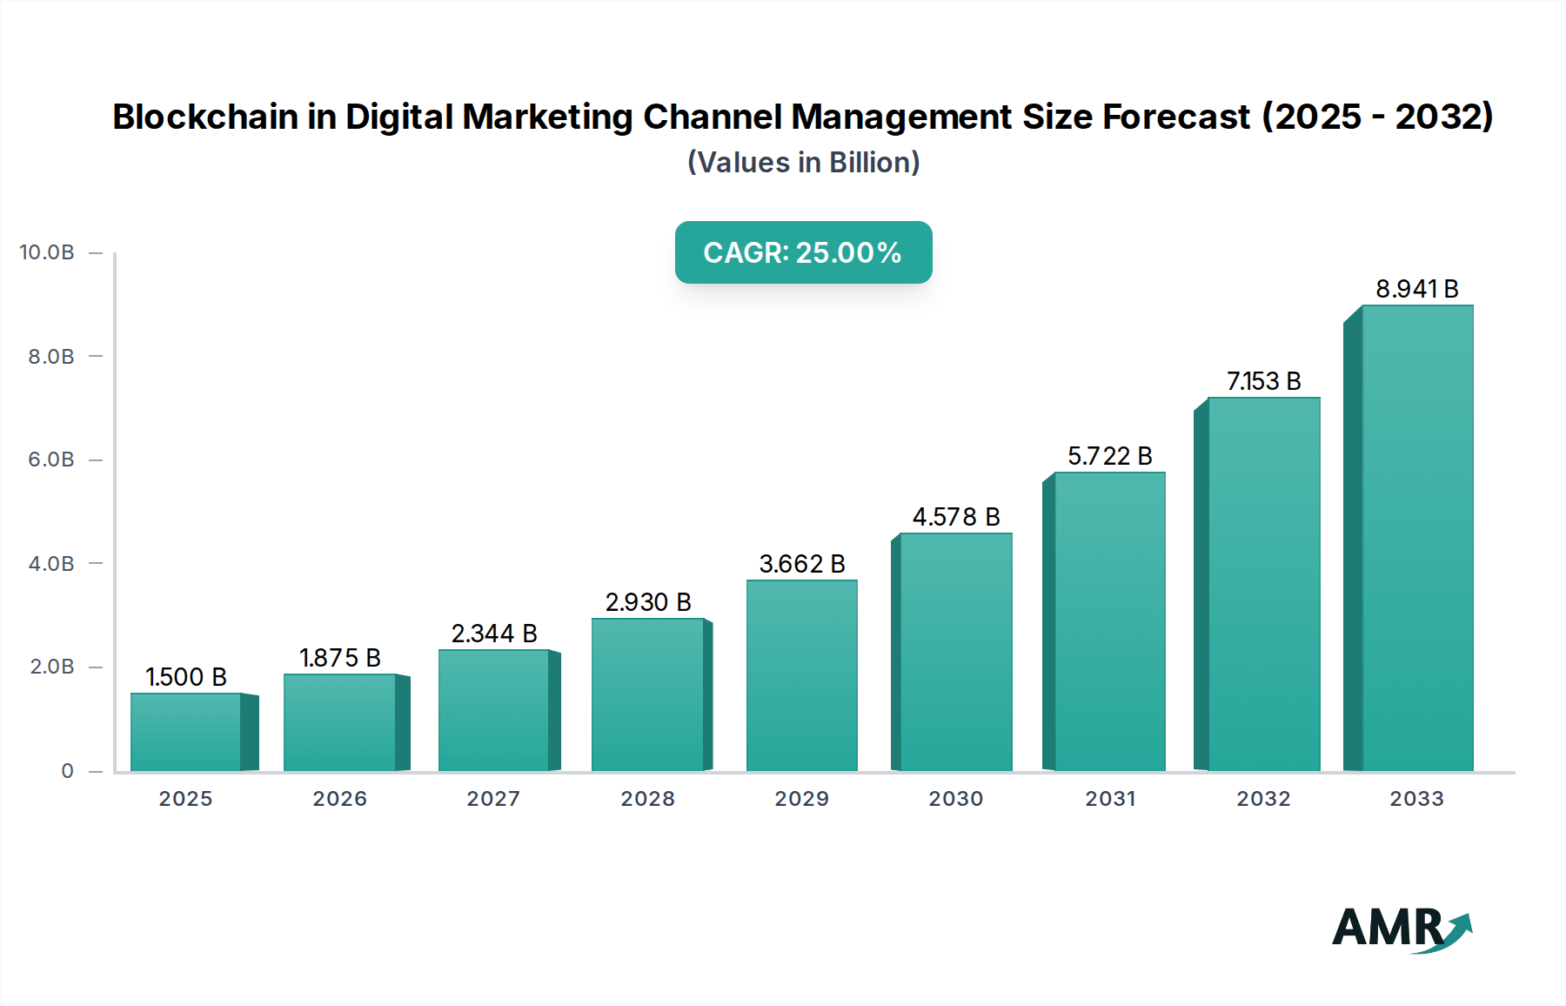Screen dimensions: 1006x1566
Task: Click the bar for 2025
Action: (186, 732)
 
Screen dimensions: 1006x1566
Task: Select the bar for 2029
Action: (801, 675)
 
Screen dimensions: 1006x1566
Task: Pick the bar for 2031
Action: (1109, 621)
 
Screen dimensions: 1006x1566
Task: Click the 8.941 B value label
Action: (1416, 289)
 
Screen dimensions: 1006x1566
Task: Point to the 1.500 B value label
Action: (186, 677)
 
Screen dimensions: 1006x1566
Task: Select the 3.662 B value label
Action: (801, 564)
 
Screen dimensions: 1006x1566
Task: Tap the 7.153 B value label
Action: (1263, 381)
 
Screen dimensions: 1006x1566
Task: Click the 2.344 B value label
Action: (493, 634)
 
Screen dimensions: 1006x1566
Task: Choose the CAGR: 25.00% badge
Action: (803, 252)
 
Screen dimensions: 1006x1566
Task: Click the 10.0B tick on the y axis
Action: (47, 252)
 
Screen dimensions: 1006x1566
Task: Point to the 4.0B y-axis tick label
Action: (50, 564)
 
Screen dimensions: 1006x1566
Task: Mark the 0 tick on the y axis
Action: (67, 771)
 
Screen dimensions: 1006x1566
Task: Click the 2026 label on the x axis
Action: (339, 799)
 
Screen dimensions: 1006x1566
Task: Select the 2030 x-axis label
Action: (955, 799)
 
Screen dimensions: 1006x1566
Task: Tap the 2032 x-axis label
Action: (1263, 799)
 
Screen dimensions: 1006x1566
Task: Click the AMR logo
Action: (1402, 929)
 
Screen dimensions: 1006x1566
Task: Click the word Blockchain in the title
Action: (204, 117)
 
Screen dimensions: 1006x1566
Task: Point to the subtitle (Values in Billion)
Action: (803, 163)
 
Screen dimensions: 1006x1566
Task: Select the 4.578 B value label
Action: (955, 517)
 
